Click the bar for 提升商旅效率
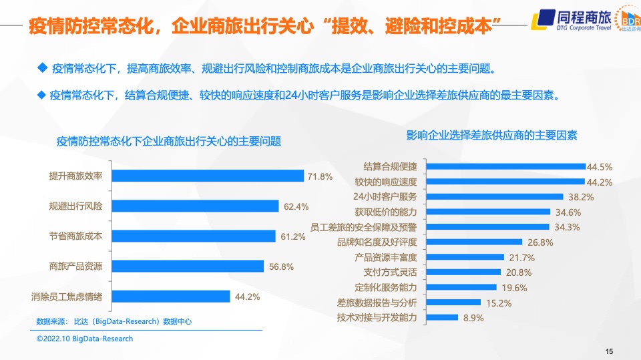click(x=208, y=176)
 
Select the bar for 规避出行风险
click(x=195, y=206)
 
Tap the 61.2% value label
click(x=293, y=236)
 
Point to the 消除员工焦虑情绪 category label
click(x=67, y=297)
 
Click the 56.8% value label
click(x=281, y=266)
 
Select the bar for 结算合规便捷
click(x=506, y=166)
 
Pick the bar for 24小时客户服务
click(x=495, y=196)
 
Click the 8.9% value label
click(x=473, y=318)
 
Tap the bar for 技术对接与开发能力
click(x=442, y=317)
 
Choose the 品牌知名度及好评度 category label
click(x=377, y=242)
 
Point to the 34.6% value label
click(x=568, y=212)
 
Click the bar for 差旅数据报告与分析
click(x=453, y=302)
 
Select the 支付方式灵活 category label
click(x=391, y=273)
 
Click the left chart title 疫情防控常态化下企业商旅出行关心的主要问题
click(x=169, y=142)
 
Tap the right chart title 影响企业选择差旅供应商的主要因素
click(x=492, y=136)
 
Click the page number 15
click(x=609, y=351)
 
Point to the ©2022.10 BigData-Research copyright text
click(x=85, y=339)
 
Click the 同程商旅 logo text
click(x=584, y=17)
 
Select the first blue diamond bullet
click(x=43, y=68)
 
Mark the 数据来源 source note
click(x=114, y=321)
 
